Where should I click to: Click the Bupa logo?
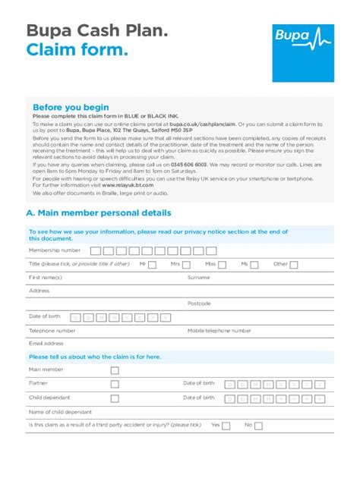302,52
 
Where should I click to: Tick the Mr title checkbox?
153,264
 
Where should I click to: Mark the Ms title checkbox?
255,264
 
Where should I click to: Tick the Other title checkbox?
295,264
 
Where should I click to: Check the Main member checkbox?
115,370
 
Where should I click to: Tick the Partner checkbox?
115,384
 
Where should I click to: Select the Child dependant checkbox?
115,398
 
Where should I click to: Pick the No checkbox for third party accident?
259,426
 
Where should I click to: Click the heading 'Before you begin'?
71,107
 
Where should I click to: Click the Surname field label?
198,278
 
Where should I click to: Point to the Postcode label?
199,303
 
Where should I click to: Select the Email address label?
46,343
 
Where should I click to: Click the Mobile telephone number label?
219,331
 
